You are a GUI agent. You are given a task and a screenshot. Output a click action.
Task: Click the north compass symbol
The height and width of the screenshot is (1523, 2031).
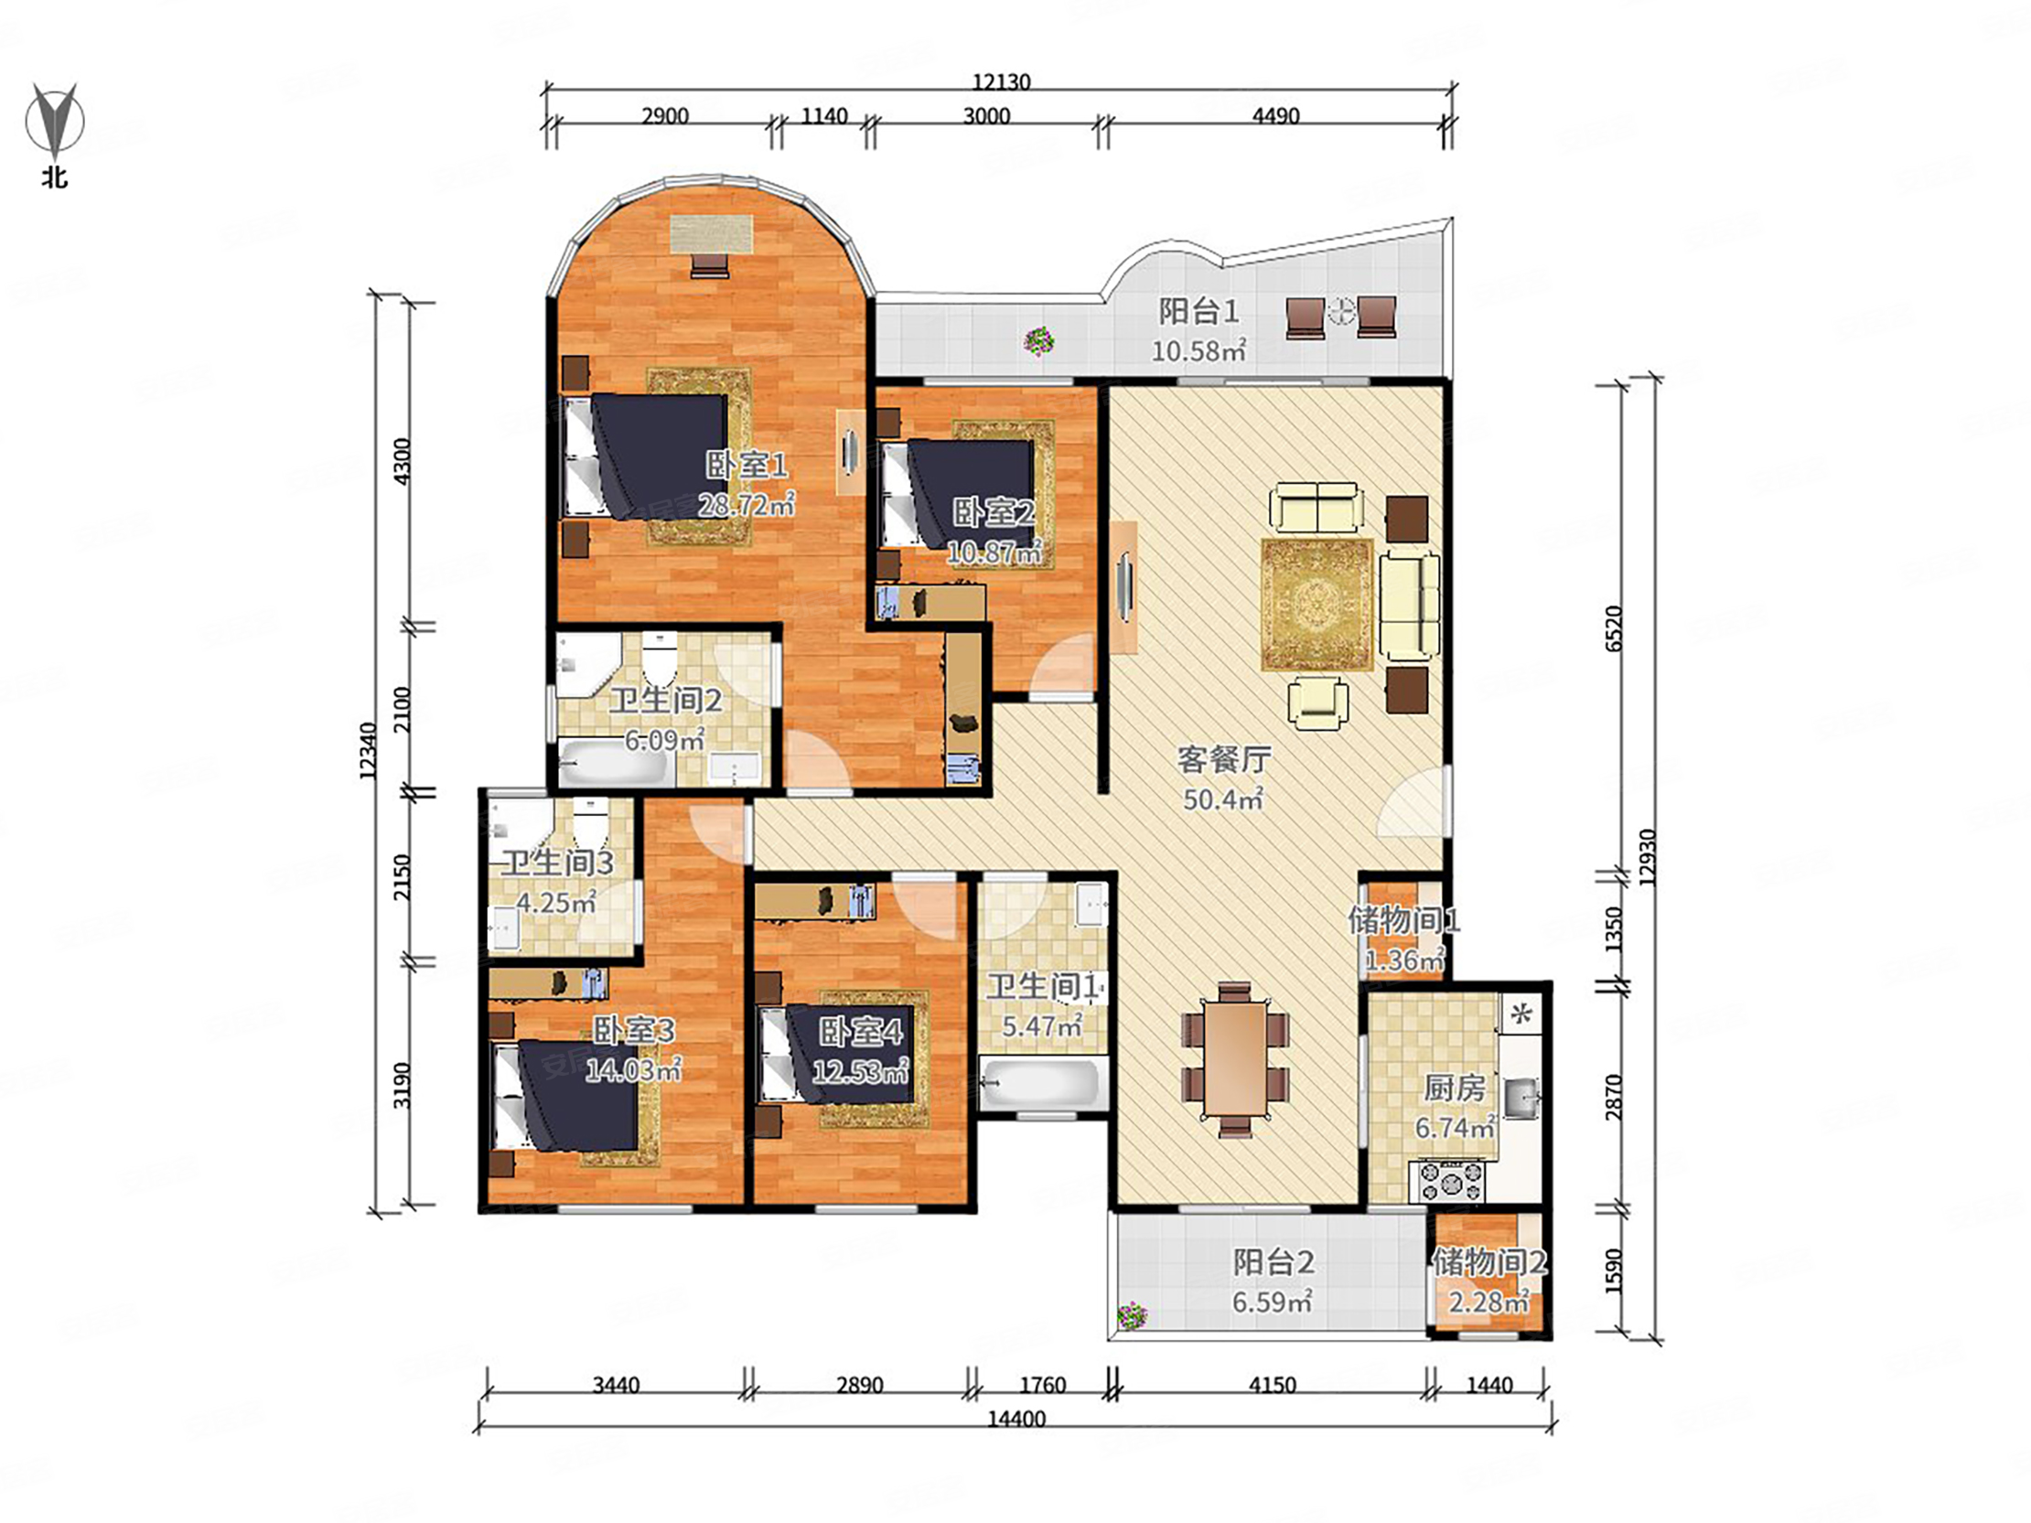pyautogui.click(x=55, y=120)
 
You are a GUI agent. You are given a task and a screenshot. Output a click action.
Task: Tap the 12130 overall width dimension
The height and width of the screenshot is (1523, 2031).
pyautogui.click(x=1001, y=82)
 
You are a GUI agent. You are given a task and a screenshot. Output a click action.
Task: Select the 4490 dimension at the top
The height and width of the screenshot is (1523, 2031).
pyautogui.click(x=1275, y=116)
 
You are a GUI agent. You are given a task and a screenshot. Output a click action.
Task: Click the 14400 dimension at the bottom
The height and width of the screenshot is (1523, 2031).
pyautogui.click(x=1016, y=1420)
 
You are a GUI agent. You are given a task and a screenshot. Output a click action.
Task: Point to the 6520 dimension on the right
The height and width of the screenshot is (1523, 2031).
pyautogui.click(x=1615, y=627)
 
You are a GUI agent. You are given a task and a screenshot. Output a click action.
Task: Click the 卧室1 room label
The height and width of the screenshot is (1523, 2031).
pyautogui.click(x=747, y=466)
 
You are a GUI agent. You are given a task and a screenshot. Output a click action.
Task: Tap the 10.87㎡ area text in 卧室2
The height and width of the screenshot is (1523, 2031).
pyautogui.click(x=994, y=552)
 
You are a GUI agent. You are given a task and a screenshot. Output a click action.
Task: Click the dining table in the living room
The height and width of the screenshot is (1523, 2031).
pyautogui.click(x=1235, y=1058)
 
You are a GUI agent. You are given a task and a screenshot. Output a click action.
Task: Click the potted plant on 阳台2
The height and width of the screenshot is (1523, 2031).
pyautogui.click(x=1133, y=1316)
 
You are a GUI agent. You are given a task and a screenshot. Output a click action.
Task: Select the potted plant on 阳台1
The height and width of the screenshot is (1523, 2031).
pyautogui.click(x=1038, y=341)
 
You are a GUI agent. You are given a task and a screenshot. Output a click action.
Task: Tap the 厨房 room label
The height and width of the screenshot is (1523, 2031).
pyautogui.click(x=1455, y=1088)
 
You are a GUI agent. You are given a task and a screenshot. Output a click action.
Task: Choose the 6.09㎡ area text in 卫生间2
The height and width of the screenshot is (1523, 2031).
pyautogui.click(x=664, y=739)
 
